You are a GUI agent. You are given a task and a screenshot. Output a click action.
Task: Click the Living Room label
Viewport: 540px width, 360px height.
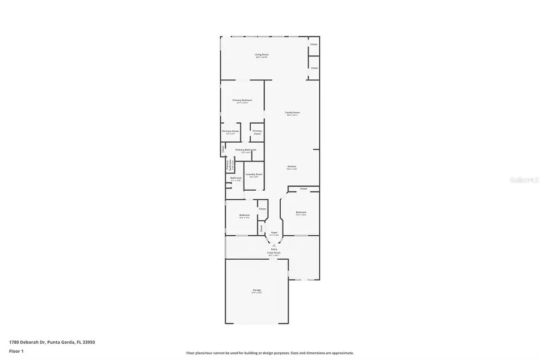(x=262, y=55)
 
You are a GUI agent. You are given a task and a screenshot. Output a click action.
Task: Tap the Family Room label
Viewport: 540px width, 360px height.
(x=292, y=113)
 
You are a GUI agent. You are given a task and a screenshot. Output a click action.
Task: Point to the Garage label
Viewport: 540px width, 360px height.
(x=257, y=290)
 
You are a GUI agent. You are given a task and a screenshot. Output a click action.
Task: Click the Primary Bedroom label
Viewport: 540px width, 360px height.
(x=242, y=100)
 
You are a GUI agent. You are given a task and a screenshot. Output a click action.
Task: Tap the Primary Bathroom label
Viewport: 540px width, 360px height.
(x=245, y=150)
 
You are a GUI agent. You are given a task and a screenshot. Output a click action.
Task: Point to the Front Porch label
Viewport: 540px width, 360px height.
(x=274, y=253)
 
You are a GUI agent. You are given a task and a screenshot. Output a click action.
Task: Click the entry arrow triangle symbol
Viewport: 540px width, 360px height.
(x=274, y=244)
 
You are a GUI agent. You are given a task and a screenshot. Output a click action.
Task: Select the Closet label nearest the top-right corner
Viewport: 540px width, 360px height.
(x=314, y=44)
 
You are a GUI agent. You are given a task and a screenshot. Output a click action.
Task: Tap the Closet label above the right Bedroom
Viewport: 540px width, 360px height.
(x=304, y=188)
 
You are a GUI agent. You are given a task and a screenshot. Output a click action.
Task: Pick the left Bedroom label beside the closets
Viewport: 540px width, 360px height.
(x=244, y=215)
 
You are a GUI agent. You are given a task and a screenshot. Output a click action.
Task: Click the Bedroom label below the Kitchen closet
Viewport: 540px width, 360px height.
(x=301, y=212)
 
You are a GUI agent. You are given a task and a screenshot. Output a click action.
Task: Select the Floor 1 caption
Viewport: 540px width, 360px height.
(x=16, y=350)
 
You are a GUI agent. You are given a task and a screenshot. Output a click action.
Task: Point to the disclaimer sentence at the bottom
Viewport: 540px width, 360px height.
(x=270, y=353)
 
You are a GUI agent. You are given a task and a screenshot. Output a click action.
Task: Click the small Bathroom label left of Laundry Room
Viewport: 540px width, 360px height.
(x=236, y=178)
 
